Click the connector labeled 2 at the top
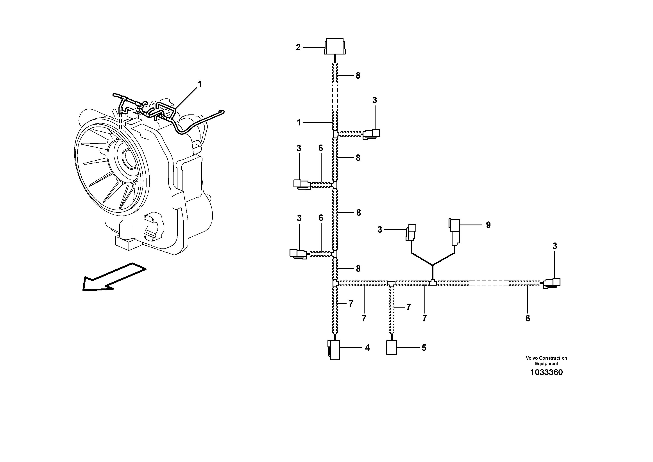pyautogui.click(x=335, y=46)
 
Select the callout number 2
pyautogui.click(x=298, y=47)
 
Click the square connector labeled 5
pyautogui.click(x=391, y=348)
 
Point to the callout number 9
pyautogui.click(x=488, y=225)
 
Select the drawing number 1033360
pyautogui.click(x=546, y=372)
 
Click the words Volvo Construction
pyautogui.click(x=546, y=358)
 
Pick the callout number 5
pyautogui.click(x=424, y=348)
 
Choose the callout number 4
pyautogui.click(x=367, y=348)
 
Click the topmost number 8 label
pyautogui.click(x=358, y=76)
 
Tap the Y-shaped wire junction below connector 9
pyautogui.click(x=433, y=265)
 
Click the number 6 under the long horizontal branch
pyautogui.click(x=528, y=318)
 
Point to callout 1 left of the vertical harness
pyautogui.click(x=299, y=123)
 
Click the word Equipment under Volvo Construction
pyautogui.click(x=546, y=364)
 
